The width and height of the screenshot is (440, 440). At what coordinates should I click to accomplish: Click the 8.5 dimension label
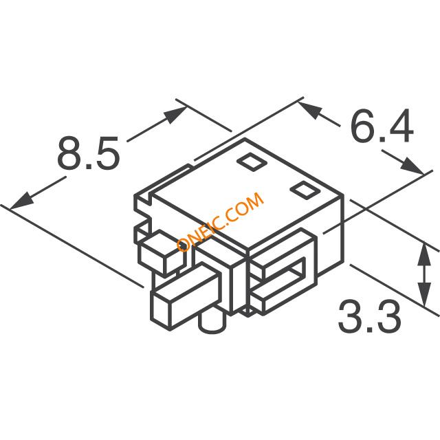(x=89, y=153)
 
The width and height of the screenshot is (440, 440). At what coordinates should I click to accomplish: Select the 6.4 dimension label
(x=382, y=125)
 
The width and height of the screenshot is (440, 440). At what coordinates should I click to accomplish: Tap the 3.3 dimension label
(x=369, y=316)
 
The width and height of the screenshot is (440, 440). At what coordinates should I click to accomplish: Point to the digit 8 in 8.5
(x=69, y=153)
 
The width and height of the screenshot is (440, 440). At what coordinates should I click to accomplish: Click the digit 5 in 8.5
(x=108, y=153)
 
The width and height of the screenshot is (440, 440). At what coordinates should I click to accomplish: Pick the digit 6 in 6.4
(x=363, y=125)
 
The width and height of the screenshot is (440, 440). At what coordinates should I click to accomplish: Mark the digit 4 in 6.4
(x=400, y=125)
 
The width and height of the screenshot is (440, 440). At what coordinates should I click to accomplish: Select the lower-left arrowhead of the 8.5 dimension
(x=22, y=201)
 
